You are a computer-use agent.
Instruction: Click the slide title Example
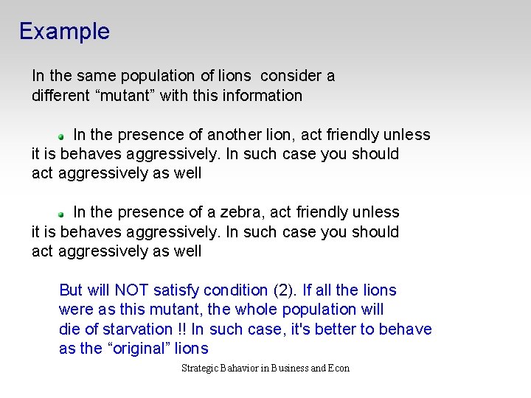64,31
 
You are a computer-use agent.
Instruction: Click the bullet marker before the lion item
63,136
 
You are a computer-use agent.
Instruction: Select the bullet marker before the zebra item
63,213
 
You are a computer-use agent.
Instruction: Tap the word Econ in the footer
339,368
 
